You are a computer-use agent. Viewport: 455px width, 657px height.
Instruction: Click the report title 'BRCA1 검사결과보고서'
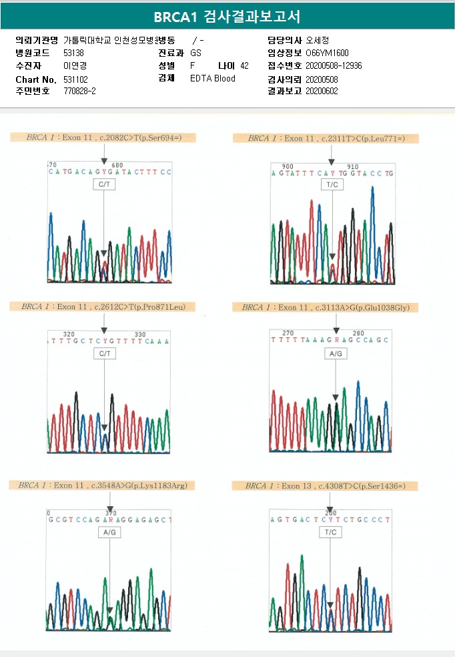click(x=227, y=16)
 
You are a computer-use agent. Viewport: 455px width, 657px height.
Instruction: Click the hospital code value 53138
click(x=73, y=53)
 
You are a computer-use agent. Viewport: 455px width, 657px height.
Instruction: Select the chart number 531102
click(x=75, y=79)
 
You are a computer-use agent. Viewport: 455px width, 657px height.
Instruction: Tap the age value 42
click(x=244, y=65)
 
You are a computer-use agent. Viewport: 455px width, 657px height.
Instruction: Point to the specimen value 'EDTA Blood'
click(x=212, y=78)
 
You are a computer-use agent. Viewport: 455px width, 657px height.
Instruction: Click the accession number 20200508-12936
click(x=334, y=65)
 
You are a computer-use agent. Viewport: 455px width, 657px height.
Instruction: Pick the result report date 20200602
click(x=322, y=91)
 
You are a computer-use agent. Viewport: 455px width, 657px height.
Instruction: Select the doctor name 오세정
click(x=318, y=40)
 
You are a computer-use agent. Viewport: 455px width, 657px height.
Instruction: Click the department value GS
click(x=195, y=53)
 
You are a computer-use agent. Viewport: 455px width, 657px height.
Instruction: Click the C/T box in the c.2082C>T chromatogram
click(x=104, y=185)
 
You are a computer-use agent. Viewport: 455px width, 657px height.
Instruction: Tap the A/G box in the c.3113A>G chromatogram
click(x=336, y=354)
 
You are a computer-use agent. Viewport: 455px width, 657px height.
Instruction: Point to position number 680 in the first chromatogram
click(x=117, y=165)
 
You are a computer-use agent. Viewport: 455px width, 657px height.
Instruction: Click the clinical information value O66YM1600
click(x=327, y=53)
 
